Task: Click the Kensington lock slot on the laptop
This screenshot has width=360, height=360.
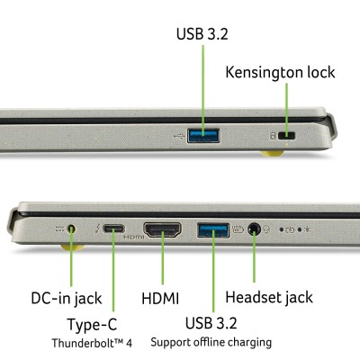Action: coord(286,136)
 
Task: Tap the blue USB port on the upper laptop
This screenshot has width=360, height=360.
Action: coord(203,135)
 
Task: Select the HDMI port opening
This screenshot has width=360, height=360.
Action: coord(162,229)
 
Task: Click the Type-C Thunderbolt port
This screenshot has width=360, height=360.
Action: coord(113,229)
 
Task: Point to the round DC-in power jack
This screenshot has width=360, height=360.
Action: coord(71,229)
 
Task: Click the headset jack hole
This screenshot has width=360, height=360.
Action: coord(254,229)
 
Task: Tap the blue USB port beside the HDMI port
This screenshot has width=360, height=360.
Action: coord(213,230)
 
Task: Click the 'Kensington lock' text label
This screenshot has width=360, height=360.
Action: coord(280,72)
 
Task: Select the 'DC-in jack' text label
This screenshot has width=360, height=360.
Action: coord(67,299)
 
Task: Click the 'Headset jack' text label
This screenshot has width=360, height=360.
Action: coord(269,297)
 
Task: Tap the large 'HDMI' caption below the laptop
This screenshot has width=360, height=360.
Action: coord(160,299)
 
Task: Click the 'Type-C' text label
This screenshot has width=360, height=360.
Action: coord(92,325)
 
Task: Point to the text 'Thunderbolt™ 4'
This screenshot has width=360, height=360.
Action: coord(92,343)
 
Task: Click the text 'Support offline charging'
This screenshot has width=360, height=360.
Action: coord(211,342)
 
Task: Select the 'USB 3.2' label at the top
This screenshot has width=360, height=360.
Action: coord(202,33)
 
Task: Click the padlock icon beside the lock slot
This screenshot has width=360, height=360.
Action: coord(273,136)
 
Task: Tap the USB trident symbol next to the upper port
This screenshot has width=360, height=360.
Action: coord(179,137)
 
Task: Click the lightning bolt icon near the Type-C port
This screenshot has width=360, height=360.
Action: coord(97,229)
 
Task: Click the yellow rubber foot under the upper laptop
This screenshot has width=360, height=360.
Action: coord(272,153)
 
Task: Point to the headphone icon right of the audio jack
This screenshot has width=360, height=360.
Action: coord(266,229)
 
